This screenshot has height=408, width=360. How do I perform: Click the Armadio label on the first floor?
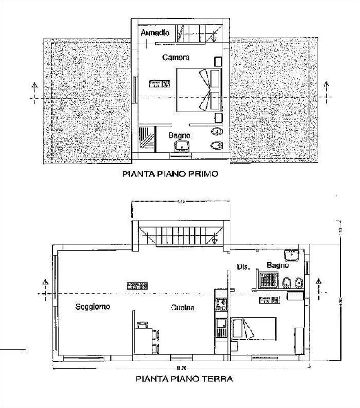[155, 33]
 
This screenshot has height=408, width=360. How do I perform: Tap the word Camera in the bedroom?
[176, 58]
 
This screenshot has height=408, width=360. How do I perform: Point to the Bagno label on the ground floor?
[278, 265]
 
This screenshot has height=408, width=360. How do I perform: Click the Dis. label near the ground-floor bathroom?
[243, 267]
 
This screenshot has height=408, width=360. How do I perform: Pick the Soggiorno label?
[93, 307]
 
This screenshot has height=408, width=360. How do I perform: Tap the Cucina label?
[182, 308]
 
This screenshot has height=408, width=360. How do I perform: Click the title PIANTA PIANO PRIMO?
[170, 174]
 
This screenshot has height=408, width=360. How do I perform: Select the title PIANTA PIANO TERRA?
[184, 379]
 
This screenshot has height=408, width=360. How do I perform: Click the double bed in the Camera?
[199, 90]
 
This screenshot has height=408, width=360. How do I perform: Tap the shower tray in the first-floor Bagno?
[146, 139]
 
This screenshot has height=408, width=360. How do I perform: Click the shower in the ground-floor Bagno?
[268, 280]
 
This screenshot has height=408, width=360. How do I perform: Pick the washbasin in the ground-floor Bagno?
[292, 256]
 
